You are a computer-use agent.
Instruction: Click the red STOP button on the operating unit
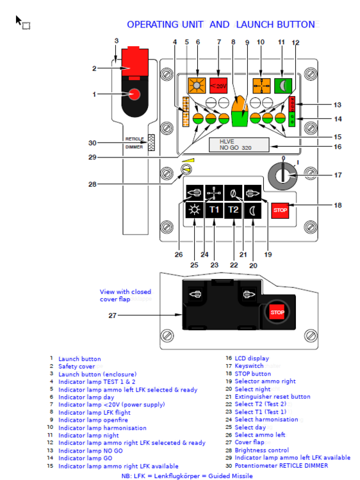(280, 211)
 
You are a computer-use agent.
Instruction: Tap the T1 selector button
(214, 210)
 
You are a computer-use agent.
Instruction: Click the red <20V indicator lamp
(218, 85)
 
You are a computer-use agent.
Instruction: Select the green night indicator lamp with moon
(283, 85)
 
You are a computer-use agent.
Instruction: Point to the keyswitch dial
(282, 175)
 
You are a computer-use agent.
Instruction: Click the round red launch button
(134, 94)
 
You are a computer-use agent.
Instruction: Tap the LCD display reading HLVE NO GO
(239, 145)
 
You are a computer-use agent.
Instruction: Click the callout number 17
(338, 175)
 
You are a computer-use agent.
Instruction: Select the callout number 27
(113, 316)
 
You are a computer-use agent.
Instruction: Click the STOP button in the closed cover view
(277, 312)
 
